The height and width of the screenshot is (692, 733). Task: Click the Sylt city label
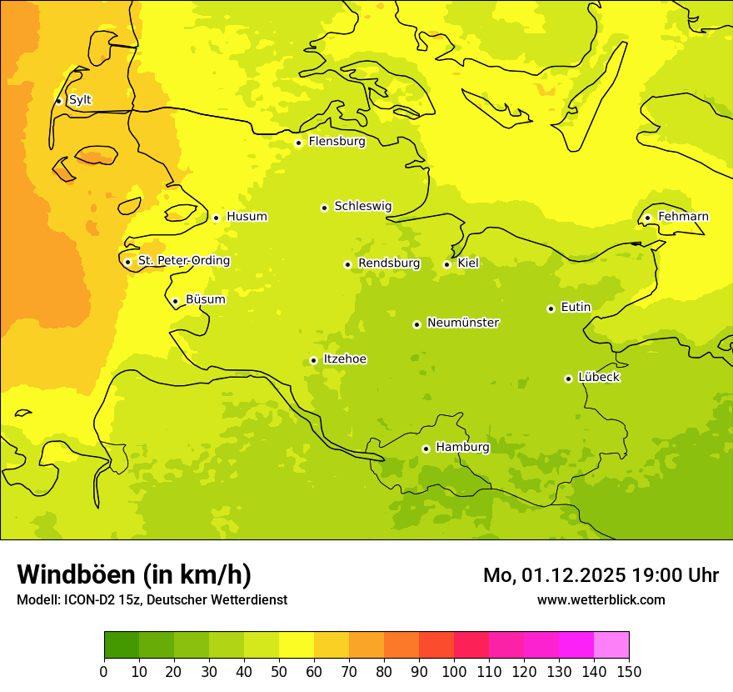tap(80, 100)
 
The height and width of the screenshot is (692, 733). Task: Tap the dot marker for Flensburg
tap(298, 143)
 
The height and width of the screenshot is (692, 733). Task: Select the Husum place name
tap(247, 217)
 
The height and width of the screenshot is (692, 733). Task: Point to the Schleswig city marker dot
tap(324, 208)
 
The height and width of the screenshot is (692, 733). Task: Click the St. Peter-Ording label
tap(184, 261)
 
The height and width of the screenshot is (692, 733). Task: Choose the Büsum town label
tap(205, 299)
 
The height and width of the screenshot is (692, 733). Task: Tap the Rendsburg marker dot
tap(347, 264)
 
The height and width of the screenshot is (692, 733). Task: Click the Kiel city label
tap(468, 263)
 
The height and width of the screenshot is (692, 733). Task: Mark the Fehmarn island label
tap(683, 217)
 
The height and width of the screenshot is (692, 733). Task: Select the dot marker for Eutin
tap(551, 308)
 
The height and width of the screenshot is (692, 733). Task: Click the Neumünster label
tap(463, 323)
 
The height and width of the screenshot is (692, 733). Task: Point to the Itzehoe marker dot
tap(313, 360)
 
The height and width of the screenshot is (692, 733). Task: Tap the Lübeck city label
tap(598, 377)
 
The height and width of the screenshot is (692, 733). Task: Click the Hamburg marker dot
tap(426, 449)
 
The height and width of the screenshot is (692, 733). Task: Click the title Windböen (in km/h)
tap(134, 574)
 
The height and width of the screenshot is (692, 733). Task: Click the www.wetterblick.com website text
tap(601, 599)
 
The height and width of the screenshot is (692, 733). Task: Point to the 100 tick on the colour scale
tap(454, 671)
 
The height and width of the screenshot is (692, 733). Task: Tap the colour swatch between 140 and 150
tap(611, 644)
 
